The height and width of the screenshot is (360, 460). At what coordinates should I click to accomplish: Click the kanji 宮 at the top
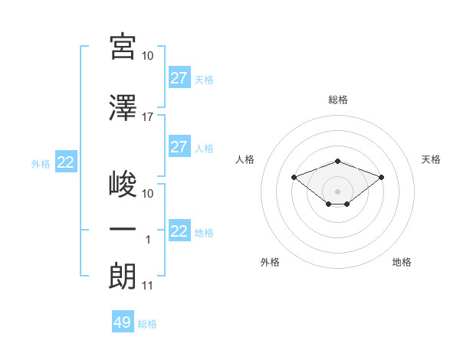coord(123,47)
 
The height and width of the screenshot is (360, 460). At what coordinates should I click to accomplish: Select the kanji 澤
coord(123,107)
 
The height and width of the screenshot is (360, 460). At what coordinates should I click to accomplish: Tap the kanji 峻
coord(123,184)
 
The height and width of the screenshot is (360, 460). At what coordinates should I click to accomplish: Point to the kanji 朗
coord(122,277)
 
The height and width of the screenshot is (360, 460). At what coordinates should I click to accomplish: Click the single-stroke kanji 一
coord(123,229)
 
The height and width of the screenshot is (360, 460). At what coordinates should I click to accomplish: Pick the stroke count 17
coord(147,117)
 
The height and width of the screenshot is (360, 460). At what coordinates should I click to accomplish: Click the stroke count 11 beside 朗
coord(147,286)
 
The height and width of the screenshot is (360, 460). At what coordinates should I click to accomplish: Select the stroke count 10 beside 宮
coord(147,56)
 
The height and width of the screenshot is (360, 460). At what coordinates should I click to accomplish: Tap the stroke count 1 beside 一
coord(148,240)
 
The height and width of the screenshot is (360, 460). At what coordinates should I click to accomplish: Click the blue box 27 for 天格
coord(179,77)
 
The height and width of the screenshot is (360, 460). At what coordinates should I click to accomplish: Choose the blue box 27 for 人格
coord(179,146)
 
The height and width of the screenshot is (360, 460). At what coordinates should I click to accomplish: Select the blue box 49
coord(123,321)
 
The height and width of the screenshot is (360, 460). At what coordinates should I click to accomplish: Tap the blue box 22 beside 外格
coord(66,162)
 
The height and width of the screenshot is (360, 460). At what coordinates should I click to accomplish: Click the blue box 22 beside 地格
coord(179,230)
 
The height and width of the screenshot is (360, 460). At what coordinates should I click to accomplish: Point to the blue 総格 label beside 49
coord(147,324)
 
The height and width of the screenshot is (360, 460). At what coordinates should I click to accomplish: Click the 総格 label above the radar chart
coord(338,100)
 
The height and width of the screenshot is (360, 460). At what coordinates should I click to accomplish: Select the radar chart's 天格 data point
coord(381,178)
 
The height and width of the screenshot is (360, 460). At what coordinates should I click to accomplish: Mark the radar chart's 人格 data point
coord(294,178)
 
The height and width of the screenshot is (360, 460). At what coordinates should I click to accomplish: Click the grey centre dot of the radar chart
coord(337,191)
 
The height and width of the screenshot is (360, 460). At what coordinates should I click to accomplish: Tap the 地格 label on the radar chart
coord(402,262)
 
